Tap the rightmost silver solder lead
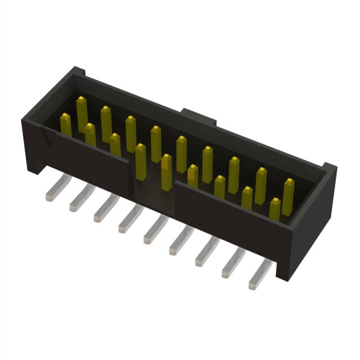tap(259, 275)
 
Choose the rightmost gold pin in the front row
tap(274, 208)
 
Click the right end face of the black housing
tap(315, 225)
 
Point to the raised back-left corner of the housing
tap(77, 73)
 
